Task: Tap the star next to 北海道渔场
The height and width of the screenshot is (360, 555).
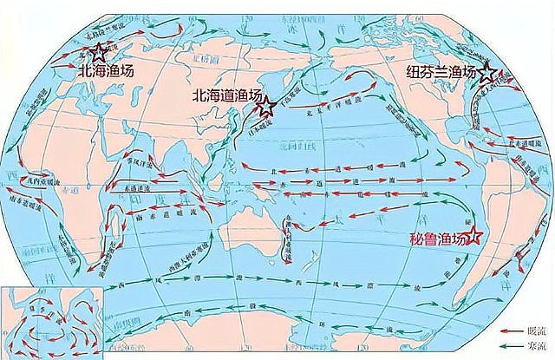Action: [x=267, y=108]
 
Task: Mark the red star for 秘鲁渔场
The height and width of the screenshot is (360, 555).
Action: [x=473, y=241]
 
